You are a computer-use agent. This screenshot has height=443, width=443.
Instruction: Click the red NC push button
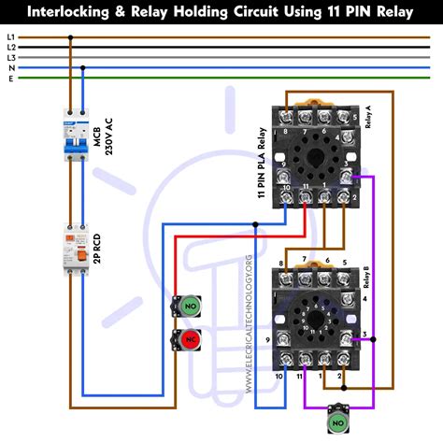point(190,338)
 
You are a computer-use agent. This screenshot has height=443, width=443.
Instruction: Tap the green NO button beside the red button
point(190,306)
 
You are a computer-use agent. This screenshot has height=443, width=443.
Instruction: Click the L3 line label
point(10,58)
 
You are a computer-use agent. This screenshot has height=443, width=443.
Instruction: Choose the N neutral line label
point(10,67)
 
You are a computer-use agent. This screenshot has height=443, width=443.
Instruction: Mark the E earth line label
point(10,78)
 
